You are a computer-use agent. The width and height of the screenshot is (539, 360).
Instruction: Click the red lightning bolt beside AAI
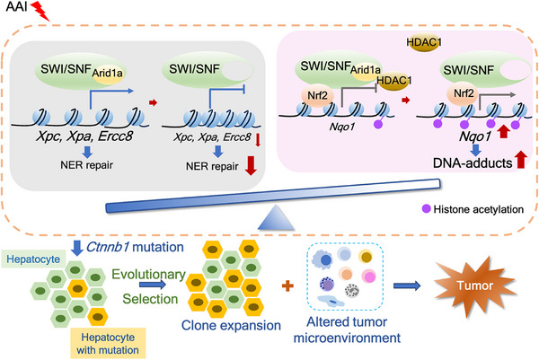pos(40,11)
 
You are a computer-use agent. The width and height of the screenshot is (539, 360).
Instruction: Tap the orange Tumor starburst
pos(475,285)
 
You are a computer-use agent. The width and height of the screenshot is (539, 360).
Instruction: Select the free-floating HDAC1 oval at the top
pos(424,42)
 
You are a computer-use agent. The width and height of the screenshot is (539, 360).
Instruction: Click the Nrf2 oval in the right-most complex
pos(464,93)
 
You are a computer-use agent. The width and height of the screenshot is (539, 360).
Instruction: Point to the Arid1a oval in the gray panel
pos(107,73)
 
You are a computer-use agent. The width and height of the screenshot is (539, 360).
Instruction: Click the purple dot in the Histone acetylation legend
pos(426,208)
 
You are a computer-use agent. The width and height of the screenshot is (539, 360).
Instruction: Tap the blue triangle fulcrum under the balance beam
pos(276,218)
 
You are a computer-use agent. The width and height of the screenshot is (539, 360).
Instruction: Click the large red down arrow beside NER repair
pos(251,165)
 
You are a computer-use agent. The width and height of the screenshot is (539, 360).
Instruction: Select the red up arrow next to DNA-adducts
pos(521,159)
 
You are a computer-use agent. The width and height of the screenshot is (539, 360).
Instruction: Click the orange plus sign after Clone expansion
pos(287,285)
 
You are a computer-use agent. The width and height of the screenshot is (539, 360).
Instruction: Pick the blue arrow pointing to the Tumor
pos(407,285)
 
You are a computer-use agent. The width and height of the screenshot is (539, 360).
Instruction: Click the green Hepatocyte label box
pos(33,259)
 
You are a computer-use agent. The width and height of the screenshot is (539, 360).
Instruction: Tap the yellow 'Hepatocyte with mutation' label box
pos(108,343)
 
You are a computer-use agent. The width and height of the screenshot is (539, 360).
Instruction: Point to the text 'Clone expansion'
pos(231,325)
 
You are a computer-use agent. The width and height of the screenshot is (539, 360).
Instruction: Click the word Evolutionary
pos(149,274)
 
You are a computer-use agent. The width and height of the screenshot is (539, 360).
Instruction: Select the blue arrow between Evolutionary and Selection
pos(153,285)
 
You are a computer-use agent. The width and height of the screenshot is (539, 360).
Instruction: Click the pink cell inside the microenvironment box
pos(368,277)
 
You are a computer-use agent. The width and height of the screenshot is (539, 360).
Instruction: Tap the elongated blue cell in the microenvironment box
pos(331,302)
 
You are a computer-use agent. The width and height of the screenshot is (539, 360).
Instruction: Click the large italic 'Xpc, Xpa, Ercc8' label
pos(84,136)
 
